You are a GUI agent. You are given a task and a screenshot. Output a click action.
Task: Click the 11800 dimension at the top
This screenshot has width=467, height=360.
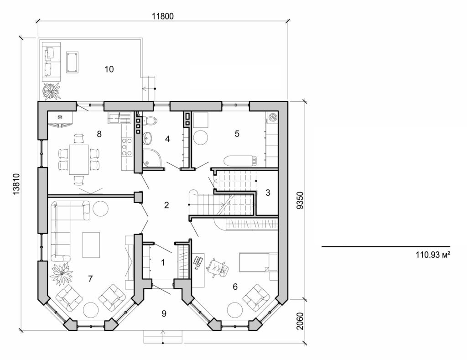click(x=162, y=16)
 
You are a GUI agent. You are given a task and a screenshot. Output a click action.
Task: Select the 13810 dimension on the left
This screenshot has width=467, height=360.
click(x=17, y=184)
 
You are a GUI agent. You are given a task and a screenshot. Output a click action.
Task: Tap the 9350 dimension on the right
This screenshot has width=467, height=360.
click(x=299, y=199)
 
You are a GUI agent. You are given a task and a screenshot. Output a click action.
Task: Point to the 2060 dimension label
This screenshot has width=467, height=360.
click(x=299, y=321)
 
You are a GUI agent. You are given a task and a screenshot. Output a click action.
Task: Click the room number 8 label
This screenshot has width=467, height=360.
click(x=99, y=134)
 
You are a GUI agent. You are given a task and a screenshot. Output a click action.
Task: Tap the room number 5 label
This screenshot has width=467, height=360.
click(x=237, y=134)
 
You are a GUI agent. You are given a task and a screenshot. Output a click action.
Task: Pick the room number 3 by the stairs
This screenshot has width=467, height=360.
click(x=268, y=193)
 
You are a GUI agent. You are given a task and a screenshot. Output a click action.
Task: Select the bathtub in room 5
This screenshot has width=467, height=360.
click(x=240, y=161)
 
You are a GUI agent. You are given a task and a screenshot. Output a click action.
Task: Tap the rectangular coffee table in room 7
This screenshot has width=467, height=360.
click(x=91, y=245)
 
